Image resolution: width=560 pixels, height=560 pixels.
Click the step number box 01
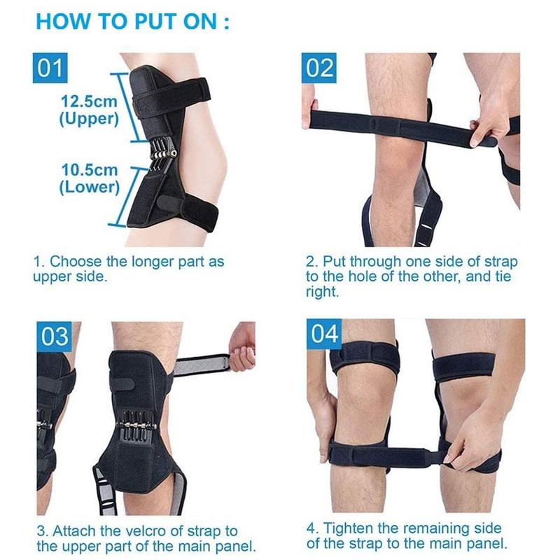click(52, 69)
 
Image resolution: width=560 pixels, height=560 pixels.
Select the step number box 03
click(54, 337)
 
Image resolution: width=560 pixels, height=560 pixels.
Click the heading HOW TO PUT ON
click(132, 20)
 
